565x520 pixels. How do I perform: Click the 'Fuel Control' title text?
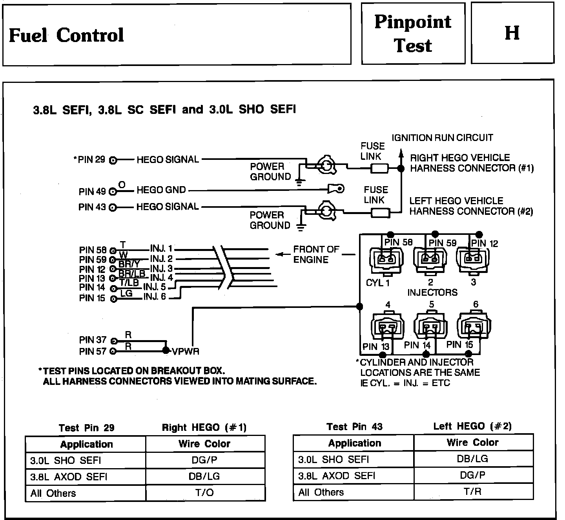66,35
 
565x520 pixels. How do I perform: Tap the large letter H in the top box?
512,33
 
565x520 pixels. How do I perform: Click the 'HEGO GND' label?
161,190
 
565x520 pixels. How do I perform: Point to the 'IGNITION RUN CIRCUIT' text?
442,138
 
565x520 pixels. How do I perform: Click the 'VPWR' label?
186,352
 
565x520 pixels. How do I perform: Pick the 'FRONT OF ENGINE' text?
316,255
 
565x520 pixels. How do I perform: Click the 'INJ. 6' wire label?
155,297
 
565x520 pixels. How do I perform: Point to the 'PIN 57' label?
93,352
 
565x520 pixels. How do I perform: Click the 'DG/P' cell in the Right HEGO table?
204,460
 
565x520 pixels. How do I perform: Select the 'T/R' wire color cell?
472,492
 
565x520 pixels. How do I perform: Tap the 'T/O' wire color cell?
204,493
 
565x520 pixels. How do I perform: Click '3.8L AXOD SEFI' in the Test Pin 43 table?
337,476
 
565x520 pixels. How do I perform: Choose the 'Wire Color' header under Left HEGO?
472,443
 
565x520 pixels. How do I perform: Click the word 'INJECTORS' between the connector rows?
432,293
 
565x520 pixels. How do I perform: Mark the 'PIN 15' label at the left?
92,298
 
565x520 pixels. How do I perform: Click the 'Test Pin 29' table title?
86,428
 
